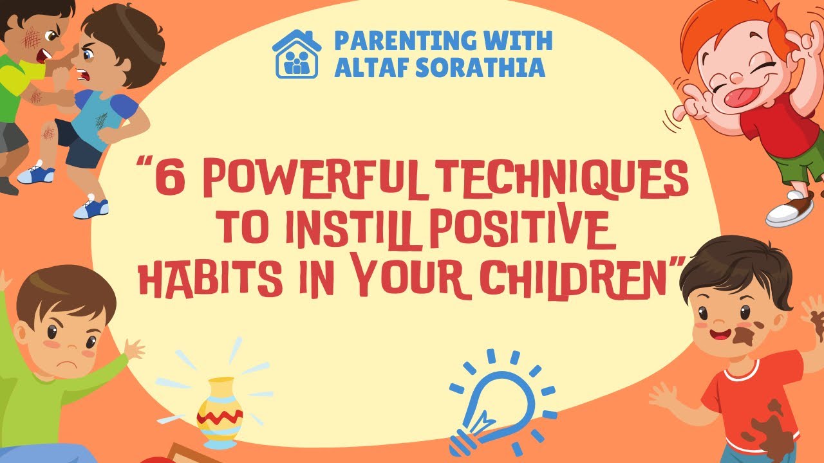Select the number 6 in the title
point(169,182)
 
